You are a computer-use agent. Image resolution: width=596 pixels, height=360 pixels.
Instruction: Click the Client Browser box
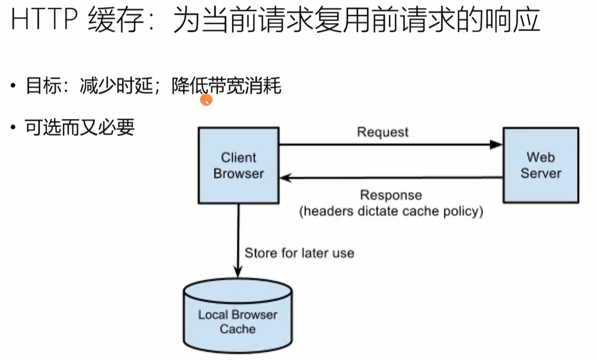click(239, 165)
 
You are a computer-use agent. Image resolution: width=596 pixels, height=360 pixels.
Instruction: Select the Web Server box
click(541, 165)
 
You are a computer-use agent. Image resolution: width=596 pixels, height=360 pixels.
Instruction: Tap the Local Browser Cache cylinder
click(238, 316)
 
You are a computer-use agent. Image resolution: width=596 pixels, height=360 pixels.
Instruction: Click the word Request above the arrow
click(383, 132)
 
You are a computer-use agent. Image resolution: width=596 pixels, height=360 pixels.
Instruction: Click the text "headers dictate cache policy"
click(391, 211)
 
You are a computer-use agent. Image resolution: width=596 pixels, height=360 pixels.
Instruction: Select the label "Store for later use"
click(300, 253)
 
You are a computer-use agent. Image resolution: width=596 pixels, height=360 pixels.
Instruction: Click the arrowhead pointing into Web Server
click(496, 144)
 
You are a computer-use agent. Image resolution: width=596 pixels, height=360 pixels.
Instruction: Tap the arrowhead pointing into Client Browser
click(286, 178)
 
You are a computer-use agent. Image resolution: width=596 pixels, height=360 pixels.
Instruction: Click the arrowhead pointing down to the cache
click(238, 272)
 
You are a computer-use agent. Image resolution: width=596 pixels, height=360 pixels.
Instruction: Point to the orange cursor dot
click(206, 100)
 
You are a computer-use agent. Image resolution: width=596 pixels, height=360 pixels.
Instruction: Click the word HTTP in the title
click(44, 19)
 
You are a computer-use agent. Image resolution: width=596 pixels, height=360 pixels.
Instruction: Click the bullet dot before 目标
click(14, 86)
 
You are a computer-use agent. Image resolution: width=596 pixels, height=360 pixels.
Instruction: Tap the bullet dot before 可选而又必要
click(14, 127)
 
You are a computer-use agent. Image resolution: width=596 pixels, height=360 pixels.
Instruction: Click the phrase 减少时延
click(116, 86)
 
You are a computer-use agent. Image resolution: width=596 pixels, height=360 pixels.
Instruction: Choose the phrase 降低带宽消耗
click(227, 86)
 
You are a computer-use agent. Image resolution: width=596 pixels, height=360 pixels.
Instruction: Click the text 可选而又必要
click(80, 127)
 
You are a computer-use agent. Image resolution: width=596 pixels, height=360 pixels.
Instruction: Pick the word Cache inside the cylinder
click(238, 329)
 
